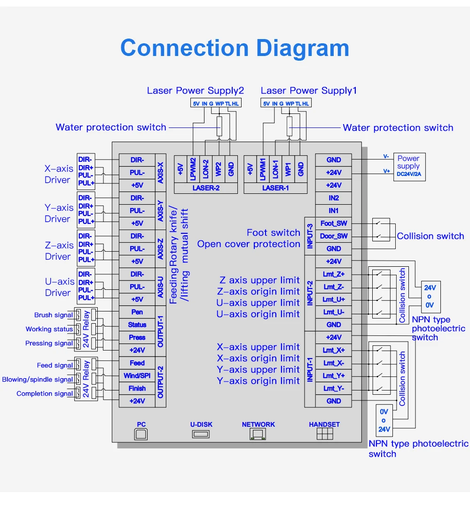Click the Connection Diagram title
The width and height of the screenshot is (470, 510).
click(235, 48)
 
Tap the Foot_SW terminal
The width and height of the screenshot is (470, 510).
click(334, 223)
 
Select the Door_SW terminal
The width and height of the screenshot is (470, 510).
click(334, 236)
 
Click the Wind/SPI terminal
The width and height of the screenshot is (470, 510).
click(137, 375)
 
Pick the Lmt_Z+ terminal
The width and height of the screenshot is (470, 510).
click(334, 274)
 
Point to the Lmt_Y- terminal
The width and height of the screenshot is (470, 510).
click(334, 388)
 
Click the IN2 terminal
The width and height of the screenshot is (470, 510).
click(334, 198)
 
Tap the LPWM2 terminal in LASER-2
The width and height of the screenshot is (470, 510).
click(193, 169)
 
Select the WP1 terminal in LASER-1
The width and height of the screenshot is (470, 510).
click(288, 169)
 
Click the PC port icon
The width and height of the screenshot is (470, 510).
click(141, 434)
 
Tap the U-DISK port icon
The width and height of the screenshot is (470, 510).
click(201, 434)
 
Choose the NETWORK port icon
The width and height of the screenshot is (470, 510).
click(258, 434)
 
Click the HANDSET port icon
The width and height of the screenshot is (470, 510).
click(325, 434)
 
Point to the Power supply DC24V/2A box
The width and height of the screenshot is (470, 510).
click(409, 167)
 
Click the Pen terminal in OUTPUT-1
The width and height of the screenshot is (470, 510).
click(137, 312)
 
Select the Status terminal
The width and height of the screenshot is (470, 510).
click(137, 325)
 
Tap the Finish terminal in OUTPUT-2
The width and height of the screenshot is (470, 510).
click(137, 388)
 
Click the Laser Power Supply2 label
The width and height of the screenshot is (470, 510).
click(196, 91)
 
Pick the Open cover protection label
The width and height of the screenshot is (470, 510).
click(249, 244)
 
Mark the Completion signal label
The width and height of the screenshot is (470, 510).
click(45, 394)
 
